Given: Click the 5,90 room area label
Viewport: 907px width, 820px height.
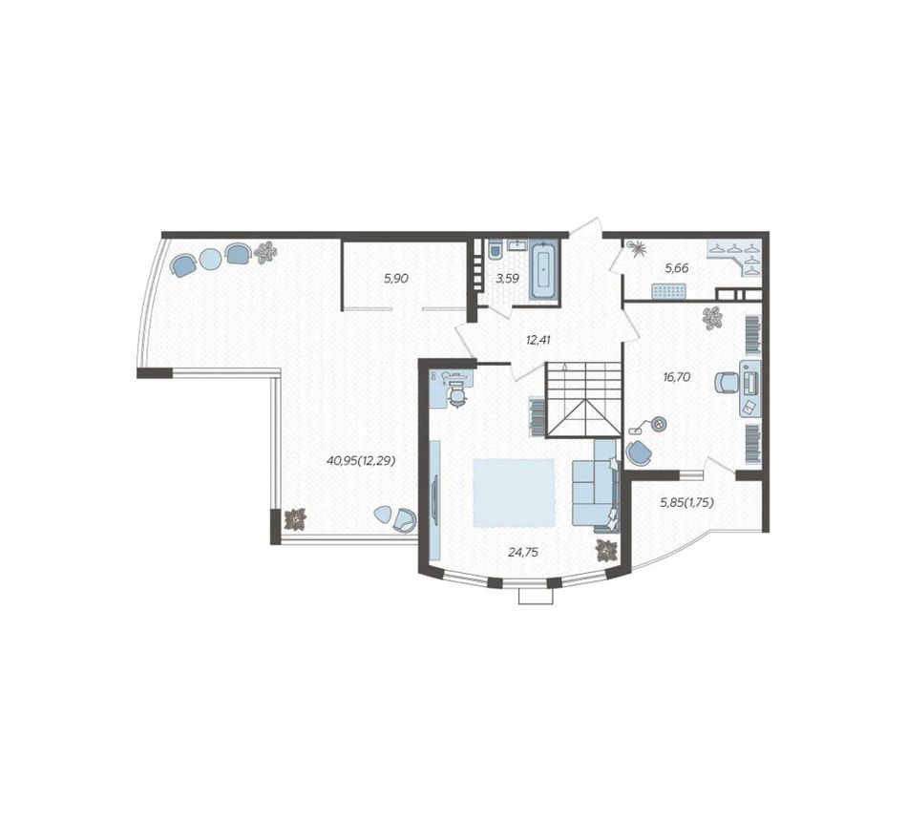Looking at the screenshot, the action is (x=396, y=278).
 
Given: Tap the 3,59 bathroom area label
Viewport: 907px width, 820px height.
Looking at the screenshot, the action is (x=507, y=278).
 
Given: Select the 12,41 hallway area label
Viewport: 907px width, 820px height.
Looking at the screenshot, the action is (x=538, y=340).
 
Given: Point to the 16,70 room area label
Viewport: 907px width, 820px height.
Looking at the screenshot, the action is (x=677, y=377).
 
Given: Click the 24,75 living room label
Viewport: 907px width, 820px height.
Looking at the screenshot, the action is (x=523, y=553).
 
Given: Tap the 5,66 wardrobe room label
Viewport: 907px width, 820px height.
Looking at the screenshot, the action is (x=677, y=268).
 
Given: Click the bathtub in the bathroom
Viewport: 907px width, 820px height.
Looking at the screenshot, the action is (x=544, y=271).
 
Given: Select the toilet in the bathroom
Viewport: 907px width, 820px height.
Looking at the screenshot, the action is (x=496, y=251).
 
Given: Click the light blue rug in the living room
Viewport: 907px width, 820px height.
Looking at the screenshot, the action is (x=514, y=493).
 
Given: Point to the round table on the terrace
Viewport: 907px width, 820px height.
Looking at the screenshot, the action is (x=209, y=259).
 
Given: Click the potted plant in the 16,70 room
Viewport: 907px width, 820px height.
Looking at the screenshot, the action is (x=712, y=318).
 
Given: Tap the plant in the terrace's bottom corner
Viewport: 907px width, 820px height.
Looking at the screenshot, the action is (x=296, y=519).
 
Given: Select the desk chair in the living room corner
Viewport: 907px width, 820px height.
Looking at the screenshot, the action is (x=457, y=397).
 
